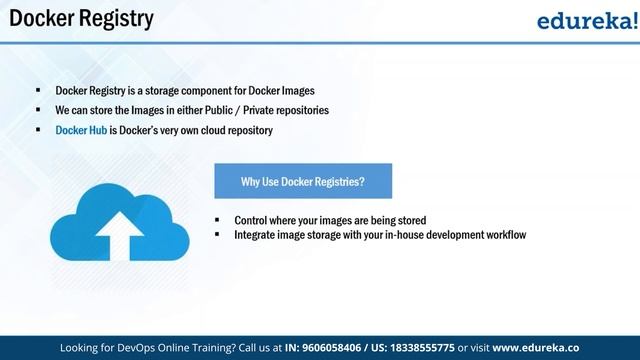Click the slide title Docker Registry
click(x=81, y=19)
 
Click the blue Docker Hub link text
click(x=80, y=130)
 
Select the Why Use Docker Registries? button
click(x=302, y=181)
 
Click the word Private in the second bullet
click(x=286, y=109)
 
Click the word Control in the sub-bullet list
click(x=252, y=220)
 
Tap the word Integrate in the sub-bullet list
click(x=255, y=235)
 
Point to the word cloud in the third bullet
click(x=225, y=130)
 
